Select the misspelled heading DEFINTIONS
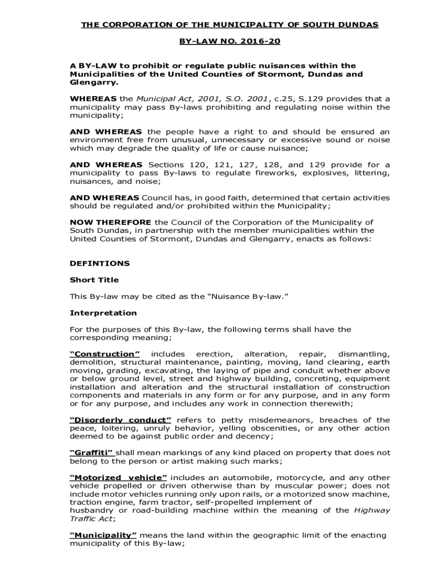point(99,263)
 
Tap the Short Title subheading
point(94,280)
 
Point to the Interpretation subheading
point(103,313)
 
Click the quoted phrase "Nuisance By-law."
point(248,296)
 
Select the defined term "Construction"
point(104,354)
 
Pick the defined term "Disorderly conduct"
point(121,420)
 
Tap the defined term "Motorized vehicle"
point(118,477)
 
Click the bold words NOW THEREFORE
point(111,222)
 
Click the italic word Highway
point(371,510)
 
